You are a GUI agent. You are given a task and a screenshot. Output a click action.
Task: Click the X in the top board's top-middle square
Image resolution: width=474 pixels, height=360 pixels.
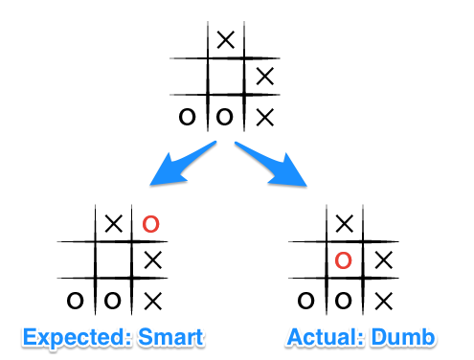pos(226,40)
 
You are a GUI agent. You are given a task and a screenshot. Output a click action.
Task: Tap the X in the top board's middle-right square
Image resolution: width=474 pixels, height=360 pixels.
pos(265,77)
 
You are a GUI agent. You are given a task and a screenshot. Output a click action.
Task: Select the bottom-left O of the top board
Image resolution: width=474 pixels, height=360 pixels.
pos(187,117)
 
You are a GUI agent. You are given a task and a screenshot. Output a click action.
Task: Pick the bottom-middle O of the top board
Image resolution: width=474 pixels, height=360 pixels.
pos(224,117)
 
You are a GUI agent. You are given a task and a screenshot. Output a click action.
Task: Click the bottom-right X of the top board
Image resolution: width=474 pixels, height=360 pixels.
pos(265,118)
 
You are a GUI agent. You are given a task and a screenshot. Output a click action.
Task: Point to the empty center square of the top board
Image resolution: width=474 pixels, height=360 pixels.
pos(226,77)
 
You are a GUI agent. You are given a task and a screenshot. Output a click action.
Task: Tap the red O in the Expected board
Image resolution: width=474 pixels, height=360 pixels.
pos(150,224)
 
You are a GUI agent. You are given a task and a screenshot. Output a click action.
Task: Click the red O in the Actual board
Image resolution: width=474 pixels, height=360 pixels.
pos(343,260)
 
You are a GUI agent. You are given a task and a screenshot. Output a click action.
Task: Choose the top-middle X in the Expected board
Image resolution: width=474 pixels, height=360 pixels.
pos(114,223)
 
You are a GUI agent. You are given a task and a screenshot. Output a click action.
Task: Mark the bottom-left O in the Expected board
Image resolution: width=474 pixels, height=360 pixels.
pos(75,301)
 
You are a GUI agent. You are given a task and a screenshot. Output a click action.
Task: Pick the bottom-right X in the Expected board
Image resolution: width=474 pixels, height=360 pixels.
pos(153,301)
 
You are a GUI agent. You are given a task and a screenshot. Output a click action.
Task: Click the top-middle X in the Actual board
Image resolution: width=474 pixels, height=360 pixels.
pos(345,223)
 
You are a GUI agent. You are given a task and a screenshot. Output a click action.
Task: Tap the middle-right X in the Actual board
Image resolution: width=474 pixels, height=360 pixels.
pos(383,260)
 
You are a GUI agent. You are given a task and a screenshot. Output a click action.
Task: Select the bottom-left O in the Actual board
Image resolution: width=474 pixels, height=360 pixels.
pos(305,301)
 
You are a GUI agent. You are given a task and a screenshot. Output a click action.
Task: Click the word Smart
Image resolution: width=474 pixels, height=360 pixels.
pos(170,337)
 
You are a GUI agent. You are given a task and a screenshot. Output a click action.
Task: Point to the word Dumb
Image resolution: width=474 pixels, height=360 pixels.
pos(403,337)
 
